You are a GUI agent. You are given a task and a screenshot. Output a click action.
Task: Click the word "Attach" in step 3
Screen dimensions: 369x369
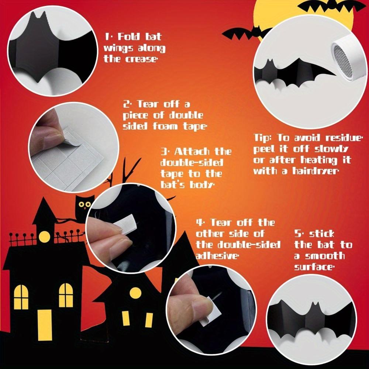tap(191, 152)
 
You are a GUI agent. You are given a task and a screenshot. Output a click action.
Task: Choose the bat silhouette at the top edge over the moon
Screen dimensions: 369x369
tap(332, 6)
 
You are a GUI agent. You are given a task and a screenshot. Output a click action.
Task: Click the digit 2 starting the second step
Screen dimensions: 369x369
tap(126, 105)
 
